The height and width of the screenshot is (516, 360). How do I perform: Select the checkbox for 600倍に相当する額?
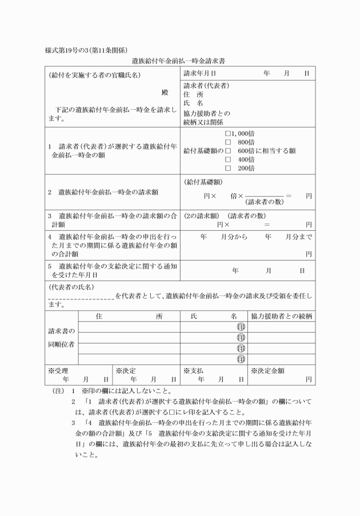[228, 151]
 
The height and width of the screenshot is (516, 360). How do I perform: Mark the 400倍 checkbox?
[228, 159]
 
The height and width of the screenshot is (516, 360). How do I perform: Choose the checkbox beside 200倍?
[228, 169]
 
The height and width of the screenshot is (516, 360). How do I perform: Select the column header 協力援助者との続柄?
[281, 316]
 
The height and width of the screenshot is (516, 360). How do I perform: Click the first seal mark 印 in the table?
[241, 327]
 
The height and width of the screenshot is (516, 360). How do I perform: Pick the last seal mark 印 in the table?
[241, 359]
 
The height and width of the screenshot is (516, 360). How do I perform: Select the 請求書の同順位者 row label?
[60, 338]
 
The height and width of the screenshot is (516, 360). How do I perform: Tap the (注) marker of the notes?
[55, 391]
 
